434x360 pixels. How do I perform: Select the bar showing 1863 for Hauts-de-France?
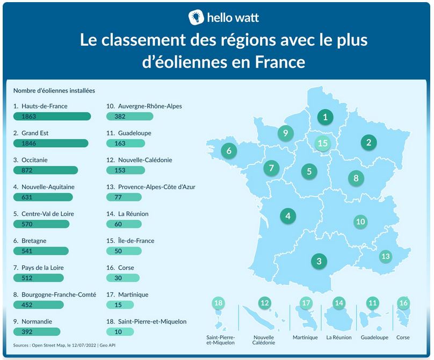tap(52, 116)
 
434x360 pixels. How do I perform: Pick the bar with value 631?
tap(45, 197)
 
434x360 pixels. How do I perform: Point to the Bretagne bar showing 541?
tap(41, 251)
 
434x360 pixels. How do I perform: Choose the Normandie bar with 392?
tap(37, 332)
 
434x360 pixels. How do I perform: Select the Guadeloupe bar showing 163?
tap(126, 143)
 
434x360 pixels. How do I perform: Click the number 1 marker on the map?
tap(324, 117)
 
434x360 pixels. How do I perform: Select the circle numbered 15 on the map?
tap(322, 143)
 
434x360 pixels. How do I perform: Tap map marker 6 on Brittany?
tap(229, 150)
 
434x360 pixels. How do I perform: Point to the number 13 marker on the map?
tap(385, 256)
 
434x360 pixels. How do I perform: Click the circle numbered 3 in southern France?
tap(319, 262)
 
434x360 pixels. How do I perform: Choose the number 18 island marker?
tap(218, 303)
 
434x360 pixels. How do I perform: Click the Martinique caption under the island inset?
tap(305, 337)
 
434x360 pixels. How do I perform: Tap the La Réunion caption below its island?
tap(339, 337)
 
